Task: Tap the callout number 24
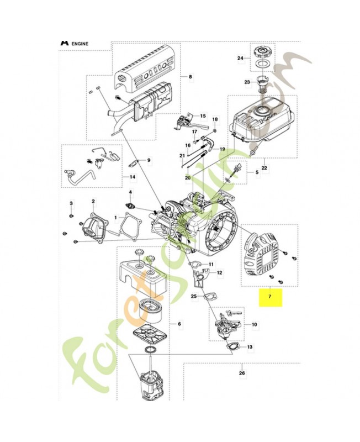[240, 58]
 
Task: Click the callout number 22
[264, 168]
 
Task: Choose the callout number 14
[132, 177]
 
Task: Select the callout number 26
[241, 373]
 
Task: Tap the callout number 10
[254, 325]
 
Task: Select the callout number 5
[256, 172]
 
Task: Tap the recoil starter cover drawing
[262, 257]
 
